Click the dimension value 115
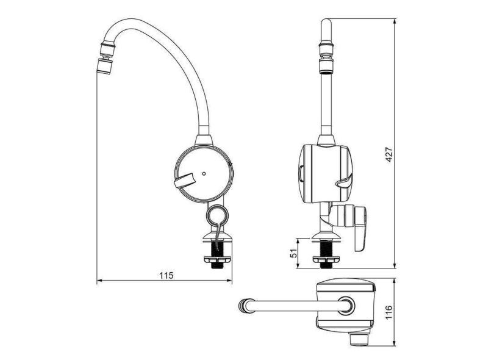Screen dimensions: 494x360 pyautogui.click(x=166, y=275)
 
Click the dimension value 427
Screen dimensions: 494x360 pyautogui.click(x=389, y=154)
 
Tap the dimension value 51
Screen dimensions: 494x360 pyautogui.click(x=293, y=253)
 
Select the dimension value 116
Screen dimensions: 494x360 pyautogui.click(x=389, y=312)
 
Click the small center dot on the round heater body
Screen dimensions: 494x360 pyautogui.click(x=204, y=173)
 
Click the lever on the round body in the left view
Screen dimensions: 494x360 pyautogui.click(x=185, y=181)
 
